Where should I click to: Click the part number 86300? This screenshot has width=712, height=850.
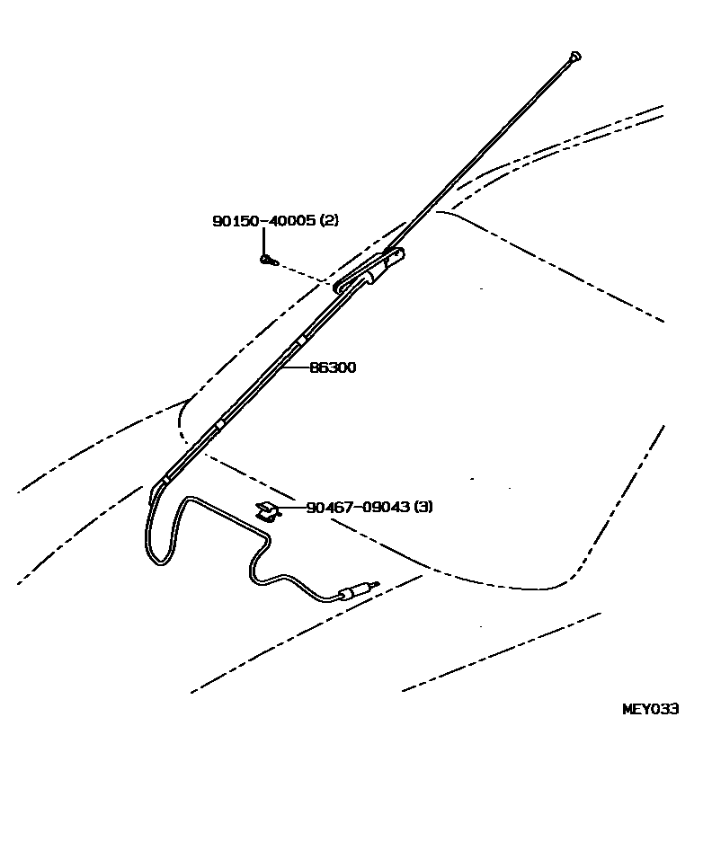pyautogui.click(x=333, y=367)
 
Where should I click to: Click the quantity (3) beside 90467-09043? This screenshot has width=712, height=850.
pyautogui.click(x=423, y=507)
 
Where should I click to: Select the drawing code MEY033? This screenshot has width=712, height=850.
pyautogui.click(x=650, y=709)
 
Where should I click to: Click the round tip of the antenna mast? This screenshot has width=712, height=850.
pyautogui.click(x=574, y=57)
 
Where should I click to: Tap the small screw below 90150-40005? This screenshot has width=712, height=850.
pyautogui.click(x=266, y=260)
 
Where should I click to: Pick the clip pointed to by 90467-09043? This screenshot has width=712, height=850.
pyautogui.click(x=267, y=511)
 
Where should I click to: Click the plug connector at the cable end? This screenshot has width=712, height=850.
pyautogui.click(x=354, y=591)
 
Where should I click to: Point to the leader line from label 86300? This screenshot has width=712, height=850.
pyautogui.click(x=295, y=367)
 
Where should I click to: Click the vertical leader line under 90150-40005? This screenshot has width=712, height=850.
pyautogui.click(x=264, y=241)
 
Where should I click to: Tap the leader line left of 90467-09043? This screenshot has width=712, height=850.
pyautogui.click(x=292, y=508)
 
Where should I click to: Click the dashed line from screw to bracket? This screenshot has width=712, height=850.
pyautogui.click(x=302, y=273)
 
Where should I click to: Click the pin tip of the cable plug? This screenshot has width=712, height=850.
pyautogui.click(x=376, y=584)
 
